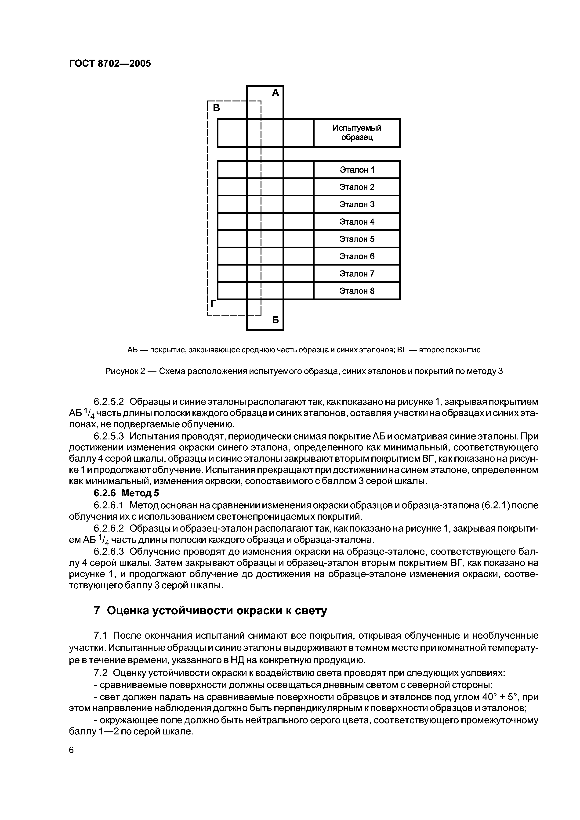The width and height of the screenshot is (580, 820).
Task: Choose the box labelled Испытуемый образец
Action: tap(357, 133)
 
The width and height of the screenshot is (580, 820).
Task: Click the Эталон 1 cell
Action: tap(357, 170)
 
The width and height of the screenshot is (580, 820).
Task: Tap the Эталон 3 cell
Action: tap(357, 204)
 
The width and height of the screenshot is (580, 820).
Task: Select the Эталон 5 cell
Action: tap(357, 239)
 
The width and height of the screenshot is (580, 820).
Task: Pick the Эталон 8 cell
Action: tap(357, 291)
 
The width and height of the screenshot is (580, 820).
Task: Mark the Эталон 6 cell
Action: tap(357, 256)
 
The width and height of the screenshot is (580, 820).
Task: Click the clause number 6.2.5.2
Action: tap(109, 402)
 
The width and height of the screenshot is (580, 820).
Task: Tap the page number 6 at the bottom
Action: tap(71, 750)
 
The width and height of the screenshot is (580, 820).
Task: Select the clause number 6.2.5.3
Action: tap(109, 436)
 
